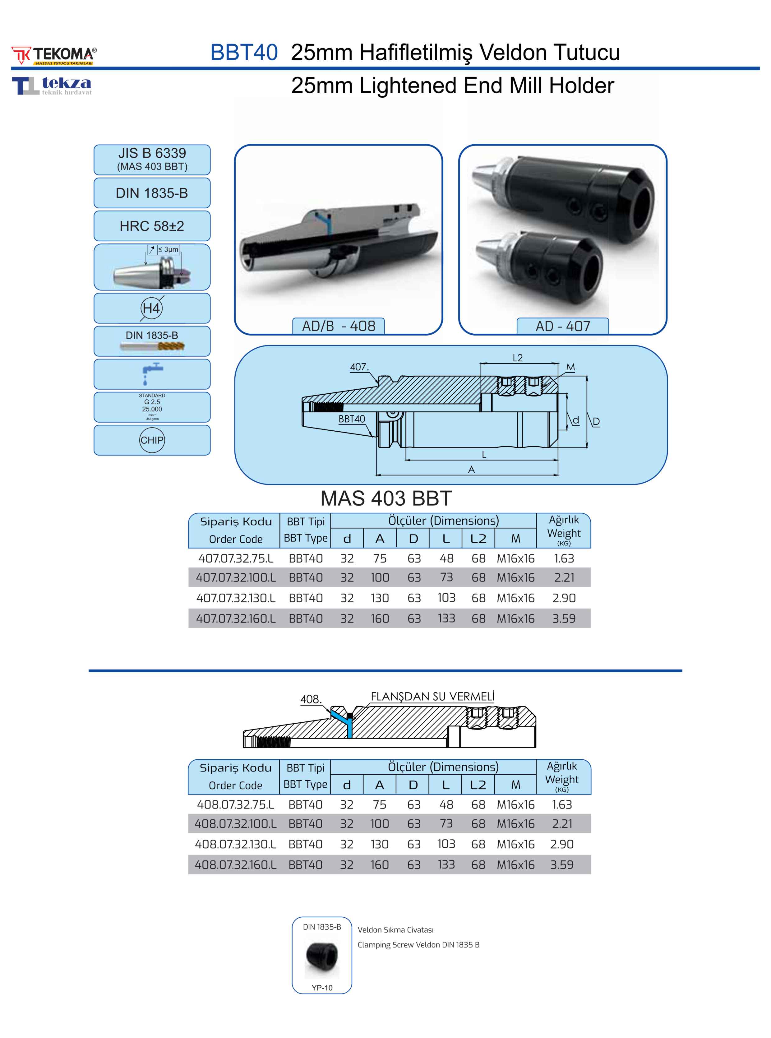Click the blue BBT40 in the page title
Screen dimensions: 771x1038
(x=244, y=52)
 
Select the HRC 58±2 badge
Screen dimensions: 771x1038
(x=152, y=226)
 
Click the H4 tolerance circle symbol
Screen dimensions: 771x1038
(x=151, y=308)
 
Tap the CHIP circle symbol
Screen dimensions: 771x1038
(x=152, y=440)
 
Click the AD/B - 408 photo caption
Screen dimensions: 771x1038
(x=338, y=326)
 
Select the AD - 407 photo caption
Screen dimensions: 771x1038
(x=563, y=326)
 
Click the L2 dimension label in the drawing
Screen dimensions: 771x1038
(x=518, y=358)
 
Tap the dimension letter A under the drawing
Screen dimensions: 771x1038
(x=471, y=470)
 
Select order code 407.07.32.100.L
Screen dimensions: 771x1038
(x=236, y=578)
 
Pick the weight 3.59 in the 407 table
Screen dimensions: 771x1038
(x=564, y=619)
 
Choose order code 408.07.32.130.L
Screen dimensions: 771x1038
(x=235, y=844)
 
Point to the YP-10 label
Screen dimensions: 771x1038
(x=322, y=988)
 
